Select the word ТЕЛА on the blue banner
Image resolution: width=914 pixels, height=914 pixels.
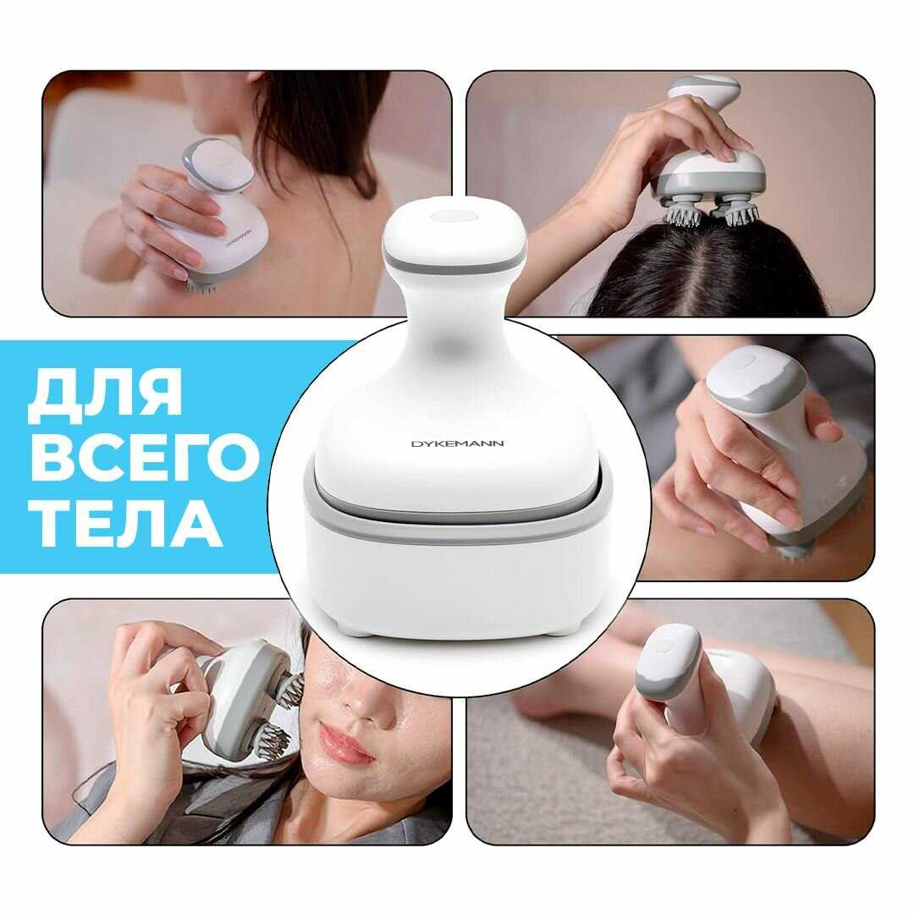pyautogui.click(x=129, y=520)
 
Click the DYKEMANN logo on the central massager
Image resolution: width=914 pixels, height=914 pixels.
pyautogui.click(x=458, y=443)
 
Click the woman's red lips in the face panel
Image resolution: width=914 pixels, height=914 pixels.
pyautogui.click(x=344, y=741)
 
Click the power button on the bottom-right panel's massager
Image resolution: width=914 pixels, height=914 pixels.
pyautogui.click(x=664, y=645)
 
